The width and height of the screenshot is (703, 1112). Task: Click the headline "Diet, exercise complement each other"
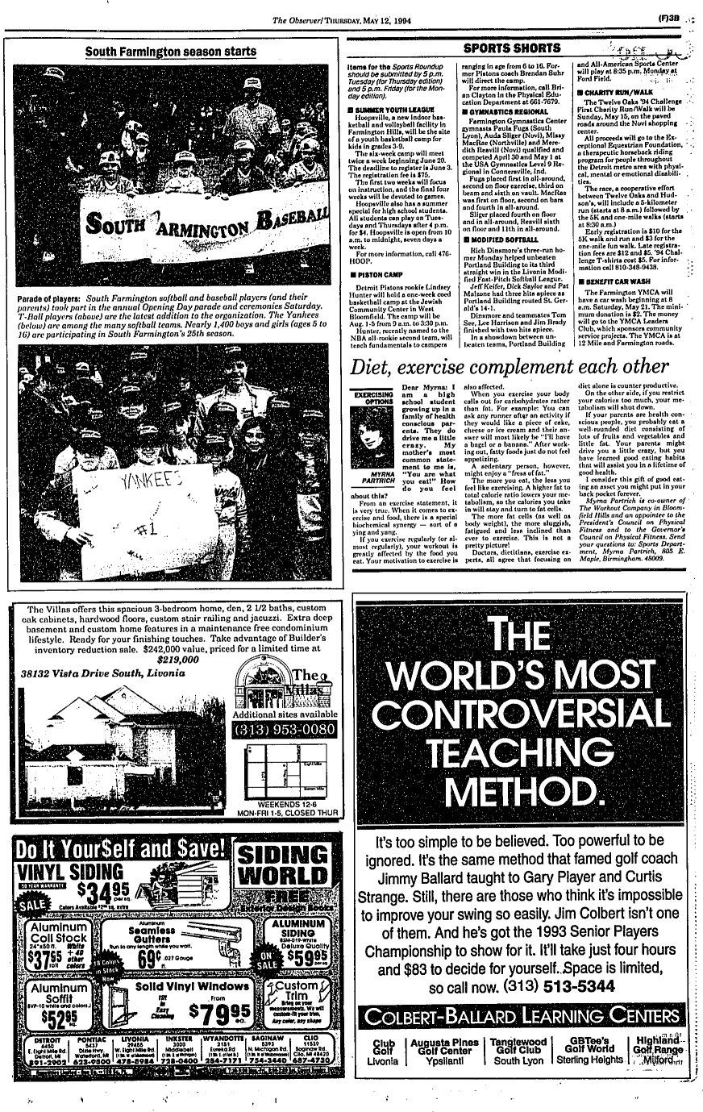pos(510,366)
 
